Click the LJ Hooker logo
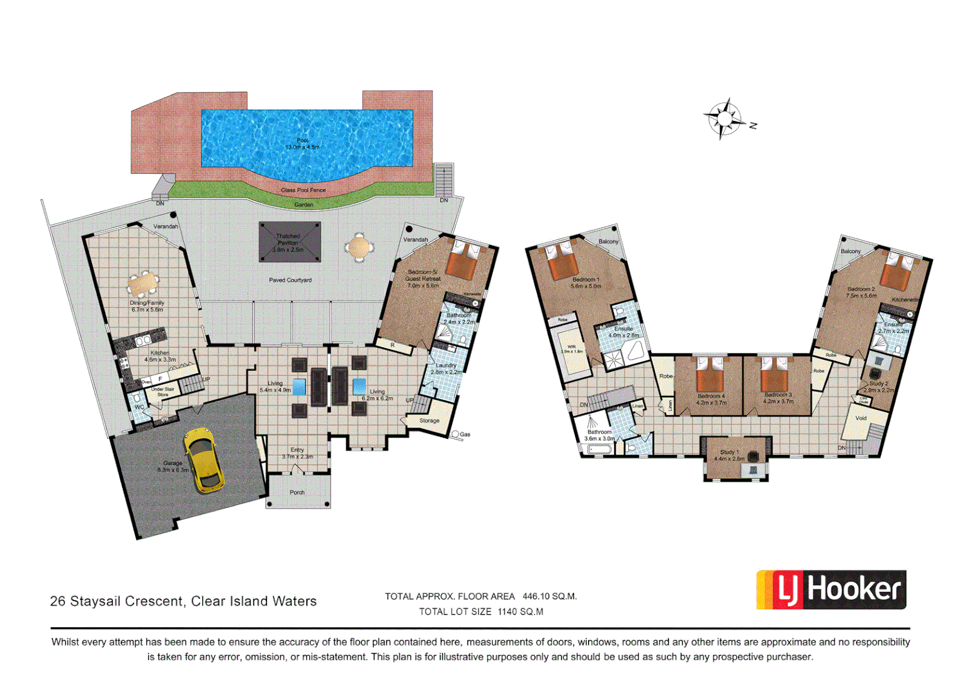(830, 590)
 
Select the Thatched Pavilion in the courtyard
(290, 242)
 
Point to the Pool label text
(303, 144)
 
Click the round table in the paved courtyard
(359, 247)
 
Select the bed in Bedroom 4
(711, 376)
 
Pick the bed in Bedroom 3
(775, 376)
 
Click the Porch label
(297, 492)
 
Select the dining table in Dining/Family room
(142, 284)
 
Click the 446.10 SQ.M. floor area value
(549, 596)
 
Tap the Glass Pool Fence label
(303, 190)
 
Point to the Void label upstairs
(861, 418)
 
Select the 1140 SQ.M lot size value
(520, 611)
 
